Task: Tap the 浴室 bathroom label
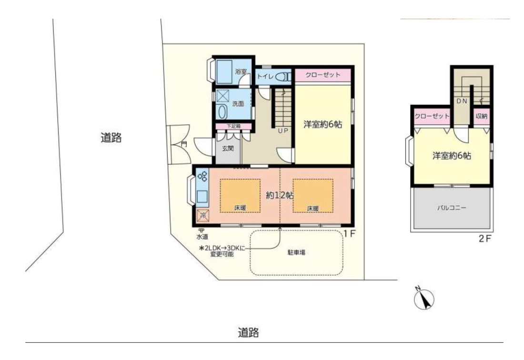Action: [241, 71]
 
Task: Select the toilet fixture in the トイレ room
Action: [284, 77]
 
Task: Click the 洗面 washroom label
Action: [238, 104]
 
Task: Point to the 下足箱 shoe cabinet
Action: [233, 126]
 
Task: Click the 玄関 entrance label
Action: [228, 148]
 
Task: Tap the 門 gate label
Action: [184, 144]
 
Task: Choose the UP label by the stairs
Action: [283, 131]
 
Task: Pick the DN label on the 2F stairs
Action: [462, 101]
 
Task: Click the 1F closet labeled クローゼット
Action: [323, 75]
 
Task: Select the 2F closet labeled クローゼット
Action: [432, 117]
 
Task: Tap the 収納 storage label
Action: [482, 116]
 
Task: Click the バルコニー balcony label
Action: [452, 208]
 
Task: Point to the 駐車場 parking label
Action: [296, 252]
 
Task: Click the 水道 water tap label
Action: [202, 237]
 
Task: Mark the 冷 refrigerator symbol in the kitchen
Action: [203, 215]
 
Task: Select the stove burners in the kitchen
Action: [202, 176]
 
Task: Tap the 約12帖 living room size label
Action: [280, 195]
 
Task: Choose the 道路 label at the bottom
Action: [248, 332]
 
